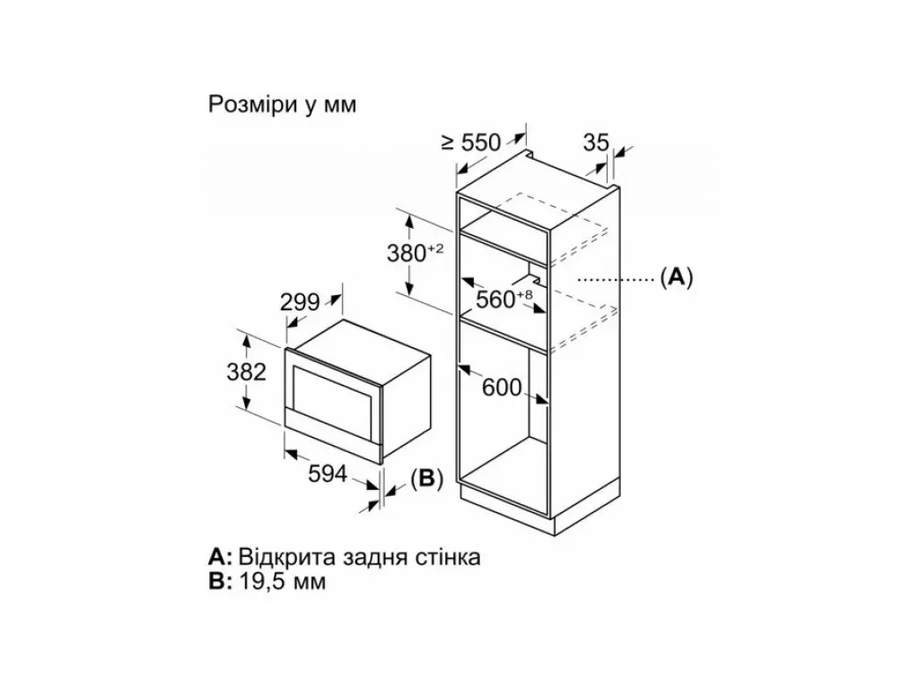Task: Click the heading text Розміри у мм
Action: pyautogui.click(x=283, y=105)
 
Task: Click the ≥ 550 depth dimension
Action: pyautogui.click(x=471, y=143)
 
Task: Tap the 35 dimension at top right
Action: pyautogui.click(x=597, y=143)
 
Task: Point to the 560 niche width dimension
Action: pyautogui.click(x=504, y=299)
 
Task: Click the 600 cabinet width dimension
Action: pyautogui.click(x=502, y=388)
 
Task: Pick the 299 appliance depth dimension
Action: pyautogui.click(x=300, y=302)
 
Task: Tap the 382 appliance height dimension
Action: pyautogui.click(x=246, y=372)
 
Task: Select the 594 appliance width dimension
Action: pyautogui.click(x=328, y=474)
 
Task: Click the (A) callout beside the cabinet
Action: pyautogui.click(x=677, y=276)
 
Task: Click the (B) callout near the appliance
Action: pyautogui.click(x=426, y=479)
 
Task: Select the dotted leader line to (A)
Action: pyautogui.click(x=616, y=280)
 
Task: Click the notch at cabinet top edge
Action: pyautogui.click(x=531, y=154)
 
